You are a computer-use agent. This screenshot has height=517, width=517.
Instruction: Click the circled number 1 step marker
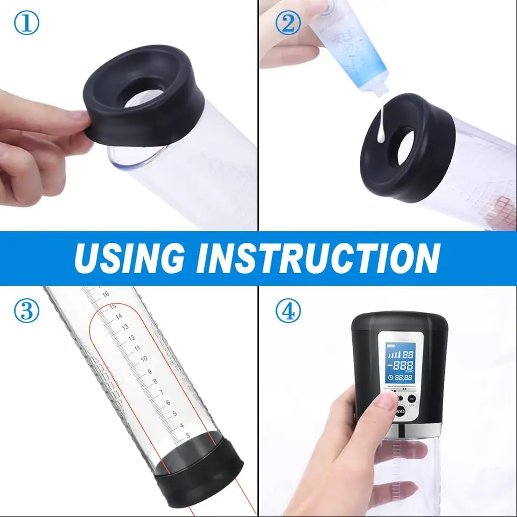26,24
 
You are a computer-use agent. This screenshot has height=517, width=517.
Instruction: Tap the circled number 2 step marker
288,24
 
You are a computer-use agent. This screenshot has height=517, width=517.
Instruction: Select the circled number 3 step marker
26,311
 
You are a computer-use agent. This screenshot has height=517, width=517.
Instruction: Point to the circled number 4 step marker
288,311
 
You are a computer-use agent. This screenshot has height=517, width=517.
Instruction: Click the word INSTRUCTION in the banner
318,258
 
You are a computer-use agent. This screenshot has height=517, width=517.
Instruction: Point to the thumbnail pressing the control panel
386,400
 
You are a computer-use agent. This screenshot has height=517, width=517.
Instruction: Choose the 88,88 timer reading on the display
405,378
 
